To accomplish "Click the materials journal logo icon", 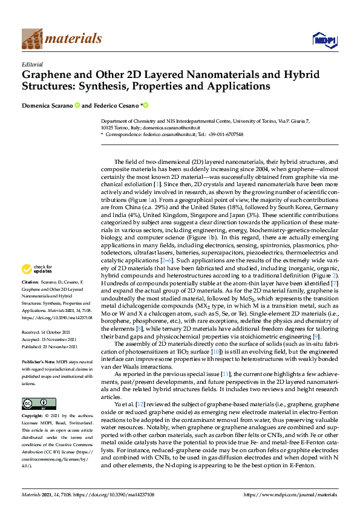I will [x=32, y=39].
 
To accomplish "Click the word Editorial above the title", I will [x=32, y=64].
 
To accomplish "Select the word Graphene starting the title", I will [x=48, y=76].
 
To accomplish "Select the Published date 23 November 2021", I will [x=47, y=345].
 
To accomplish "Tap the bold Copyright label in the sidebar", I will [x=33, y=417].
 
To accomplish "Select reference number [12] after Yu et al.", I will [x=125, y=403].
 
